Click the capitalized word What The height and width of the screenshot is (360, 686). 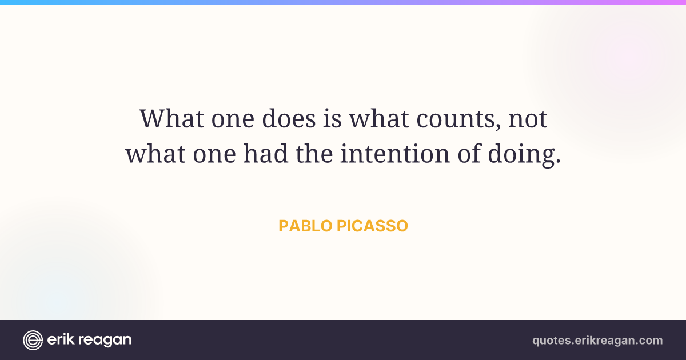coord(171,118)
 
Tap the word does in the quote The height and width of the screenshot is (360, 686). coord(289,118)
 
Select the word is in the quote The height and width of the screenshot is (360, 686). coord(332,118)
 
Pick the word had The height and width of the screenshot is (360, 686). coord(265,153)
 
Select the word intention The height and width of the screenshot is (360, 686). coord(395,153)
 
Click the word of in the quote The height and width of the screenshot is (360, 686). coord(469,153)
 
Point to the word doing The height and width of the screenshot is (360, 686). coord(521,155)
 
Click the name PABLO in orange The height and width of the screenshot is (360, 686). coord(305,226)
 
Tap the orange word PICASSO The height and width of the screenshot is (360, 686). coord(372,226)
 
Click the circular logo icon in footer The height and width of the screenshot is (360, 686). coord(33,340)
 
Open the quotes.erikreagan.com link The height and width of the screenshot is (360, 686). coord(597,341)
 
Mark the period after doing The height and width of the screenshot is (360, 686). coord(557,160)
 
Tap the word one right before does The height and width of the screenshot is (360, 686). coord(233,119)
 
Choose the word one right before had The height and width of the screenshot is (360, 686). coord(214,155)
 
